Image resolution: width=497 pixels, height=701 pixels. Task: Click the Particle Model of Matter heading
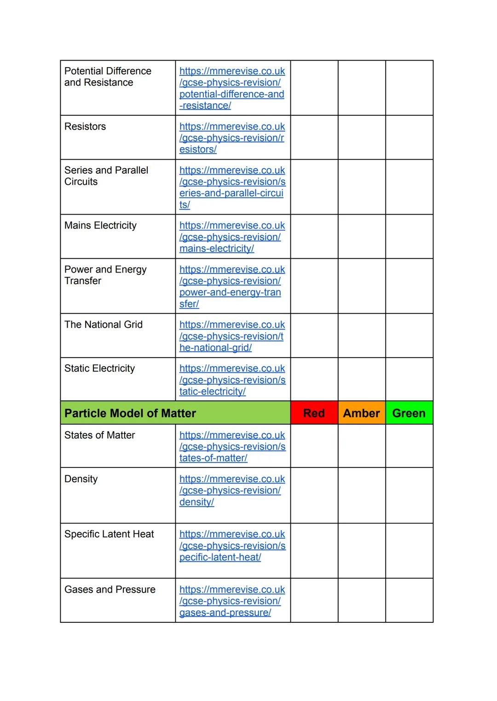[130, 413]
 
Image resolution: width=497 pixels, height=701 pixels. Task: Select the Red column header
[314, 413]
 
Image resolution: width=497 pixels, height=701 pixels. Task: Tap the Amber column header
[361, 413]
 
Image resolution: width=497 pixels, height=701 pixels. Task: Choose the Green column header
[409, 413]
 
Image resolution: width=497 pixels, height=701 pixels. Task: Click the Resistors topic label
[85, 126]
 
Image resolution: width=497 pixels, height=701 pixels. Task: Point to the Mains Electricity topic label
[100, 225]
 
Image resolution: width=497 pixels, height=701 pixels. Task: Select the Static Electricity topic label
[99, 368]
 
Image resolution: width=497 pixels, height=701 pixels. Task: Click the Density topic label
[81, 479]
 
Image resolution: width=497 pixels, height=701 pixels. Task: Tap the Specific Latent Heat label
[109, 534]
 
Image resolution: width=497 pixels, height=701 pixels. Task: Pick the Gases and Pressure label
[110, 589]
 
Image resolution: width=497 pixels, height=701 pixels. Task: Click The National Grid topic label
[104, 325]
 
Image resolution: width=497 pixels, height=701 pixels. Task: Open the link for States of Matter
[232, 446]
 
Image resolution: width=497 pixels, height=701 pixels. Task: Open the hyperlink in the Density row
[232, 490]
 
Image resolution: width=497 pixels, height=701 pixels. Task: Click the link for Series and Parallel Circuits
[232, 188]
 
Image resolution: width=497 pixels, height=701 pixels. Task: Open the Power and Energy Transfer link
[232, 286]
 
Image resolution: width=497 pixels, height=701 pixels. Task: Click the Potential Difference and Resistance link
[232, 88]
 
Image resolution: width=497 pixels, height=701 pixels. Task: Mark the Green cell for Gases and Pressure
[409, 600]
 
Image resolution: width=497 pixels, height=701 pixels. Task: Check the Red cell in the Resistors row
[314, 137]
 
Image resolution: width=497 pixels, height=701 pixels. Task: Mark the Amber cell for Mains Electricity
[361, 236]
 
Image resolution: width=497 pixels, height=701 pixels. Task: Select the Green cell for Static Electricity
[409, 379]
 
